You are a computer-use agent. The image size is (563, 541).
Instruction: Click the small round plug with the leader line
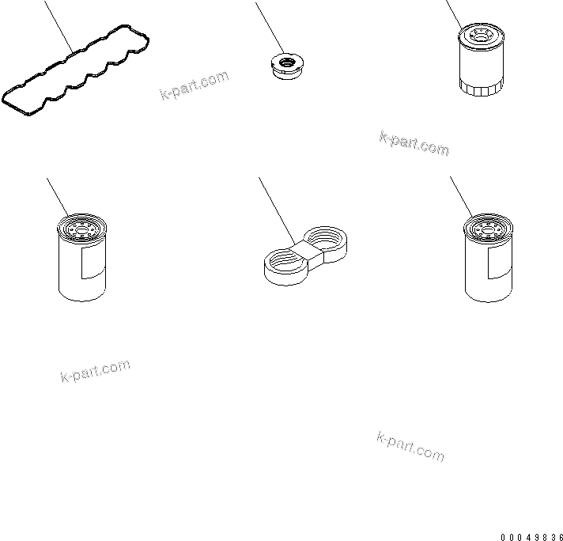pos(287,66)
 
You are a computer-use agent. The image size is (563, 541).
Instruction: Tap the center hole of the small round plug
pos(287,62)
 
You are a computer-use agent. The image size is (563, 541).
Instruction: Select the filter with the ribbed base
pos(481,60)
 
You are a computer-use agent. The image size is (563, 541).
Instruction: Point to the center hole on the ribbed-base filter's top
pos(480,36)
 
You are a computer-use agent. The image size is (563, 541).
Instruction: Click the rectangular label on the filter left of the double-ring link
pos(93,263)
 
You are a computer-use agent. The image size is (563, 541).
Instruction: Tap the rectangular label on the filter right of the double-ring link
pos(500,263)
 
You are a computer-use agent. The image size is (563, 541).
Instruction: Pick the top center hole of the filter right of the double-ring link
pos(488,230)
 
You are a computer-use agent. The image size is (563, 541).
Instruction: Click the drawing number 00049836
pos(531,537)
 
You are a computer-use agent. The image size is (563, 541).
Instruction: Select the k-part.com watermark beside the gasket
pos(195,85)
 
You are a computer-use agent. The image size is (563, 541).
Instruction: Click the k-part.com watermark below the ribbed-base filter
pos(414,143)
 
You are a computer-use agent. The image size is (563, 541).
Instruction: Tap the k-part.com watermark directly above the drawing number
pos(410,446)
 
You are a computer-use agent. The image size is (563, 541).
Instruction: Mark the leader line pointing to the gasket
pos(59,27)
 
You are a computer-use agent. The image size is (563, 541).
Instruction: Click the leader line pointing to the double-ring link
pos(277,211)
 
